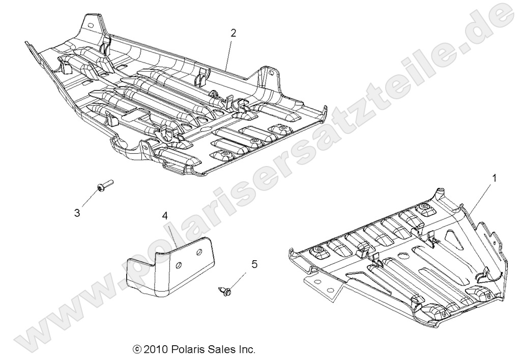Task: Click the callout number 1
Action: tap(493, 178)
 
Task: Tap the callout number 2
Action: tap(233, 34)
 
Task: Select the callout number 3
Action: tap(77, 213)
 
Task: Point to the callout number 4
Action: tap(165, 215)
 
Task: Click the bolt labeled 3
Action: tap(104, 186)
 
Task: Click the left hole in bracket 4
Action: tap(179, 265)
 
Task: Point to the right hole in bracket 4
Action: tap(198, 253)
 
